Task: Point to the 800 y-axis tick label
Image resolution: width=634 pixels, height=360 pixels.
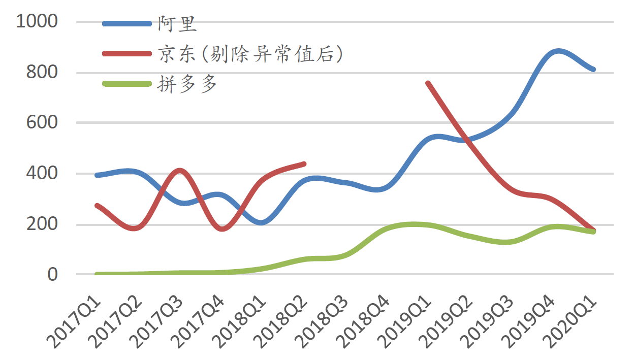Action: [x=42, y=73]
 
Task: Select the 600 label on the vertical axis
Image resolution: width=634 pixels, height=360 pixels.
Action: [x=42, y=123]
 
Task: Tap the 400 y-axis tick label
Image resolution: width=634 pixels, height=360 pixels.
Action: [x=42, y=174]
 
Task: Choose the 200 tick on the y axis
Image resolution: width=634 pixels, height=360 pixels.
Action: [x=42, y=224]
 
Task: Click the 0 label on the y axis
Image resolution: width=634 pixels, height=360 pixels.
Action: [x=53, y=275]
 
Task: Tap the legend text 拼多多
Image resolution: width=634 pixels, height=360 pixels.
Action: [x=187, y=83]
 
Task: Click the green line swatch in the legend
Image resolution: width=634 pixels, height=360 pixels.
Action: [x=126, y=83]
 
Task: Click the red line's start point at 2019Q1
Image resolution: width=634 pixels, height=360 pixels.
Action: [x=428, y=83]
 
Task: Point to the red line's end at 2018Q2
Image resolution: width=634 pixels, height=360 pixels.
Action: [x=304, y=163]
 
